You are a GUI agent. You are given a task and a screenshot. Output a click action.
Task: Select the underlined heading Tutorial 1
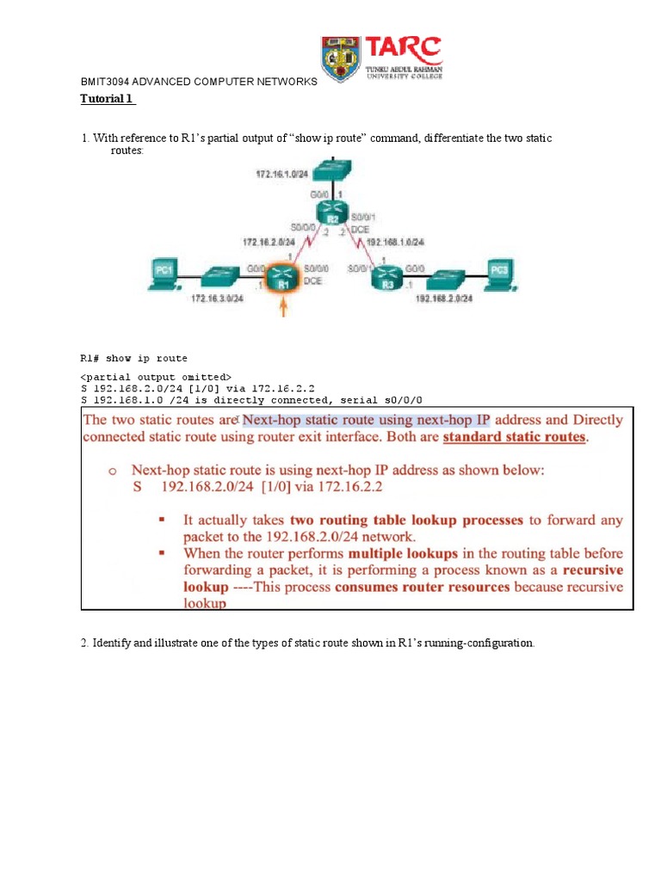107,98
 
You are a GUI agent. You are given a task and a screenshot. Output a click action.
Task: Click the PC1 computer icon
164,274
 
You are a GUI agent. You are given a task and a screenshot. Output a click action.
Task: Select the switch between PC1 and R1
225,278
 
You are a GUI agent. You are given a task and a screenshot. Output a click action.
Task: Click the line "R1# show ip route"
133,358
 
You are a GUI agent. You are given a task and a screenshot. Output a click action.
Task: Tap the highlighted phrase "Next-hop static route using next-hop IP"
367,421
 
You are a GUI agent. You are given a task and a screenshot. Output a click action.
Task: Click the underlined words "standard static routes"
515,437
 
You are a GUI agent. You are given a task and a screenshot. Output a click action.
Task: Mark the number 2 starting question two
83,644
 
